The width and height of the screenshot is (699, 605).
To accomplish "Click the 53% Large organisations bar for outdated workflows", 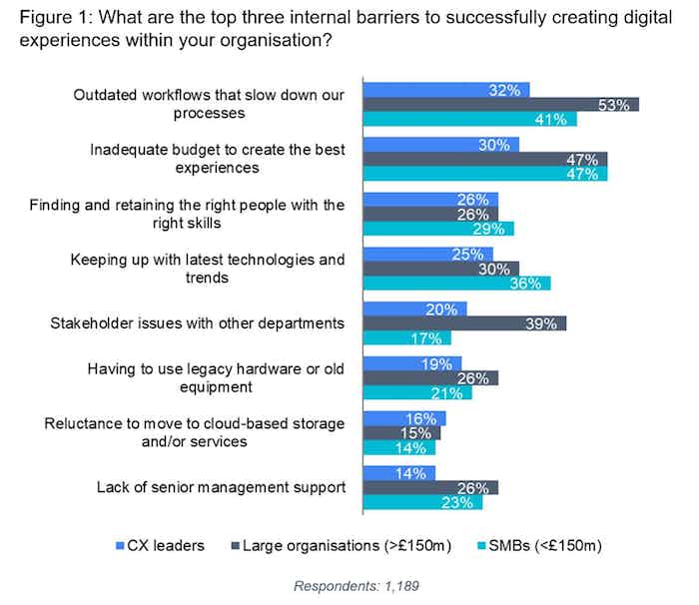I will coord(499,105).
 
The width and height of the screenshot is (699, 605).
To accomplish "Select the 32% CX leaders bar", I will coord(444,90).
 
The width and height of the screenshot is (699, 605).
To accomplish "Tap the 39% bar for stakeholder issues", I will coord(463,323).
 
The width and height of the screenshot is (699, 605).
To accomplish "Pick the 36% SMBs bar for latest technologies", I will coord(455,284).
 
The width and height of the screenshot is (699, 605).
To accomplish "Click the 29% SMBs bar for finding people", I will coord(437,229).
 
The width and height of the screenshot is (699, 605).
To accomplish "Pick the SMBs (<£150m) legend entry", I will coord(528,545).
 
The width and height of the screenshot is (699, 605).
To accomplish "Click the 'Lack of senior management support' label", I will coord(221,487).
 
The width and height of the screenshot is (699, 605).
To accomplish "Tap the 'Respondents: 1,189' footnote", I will coord(349,585).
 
